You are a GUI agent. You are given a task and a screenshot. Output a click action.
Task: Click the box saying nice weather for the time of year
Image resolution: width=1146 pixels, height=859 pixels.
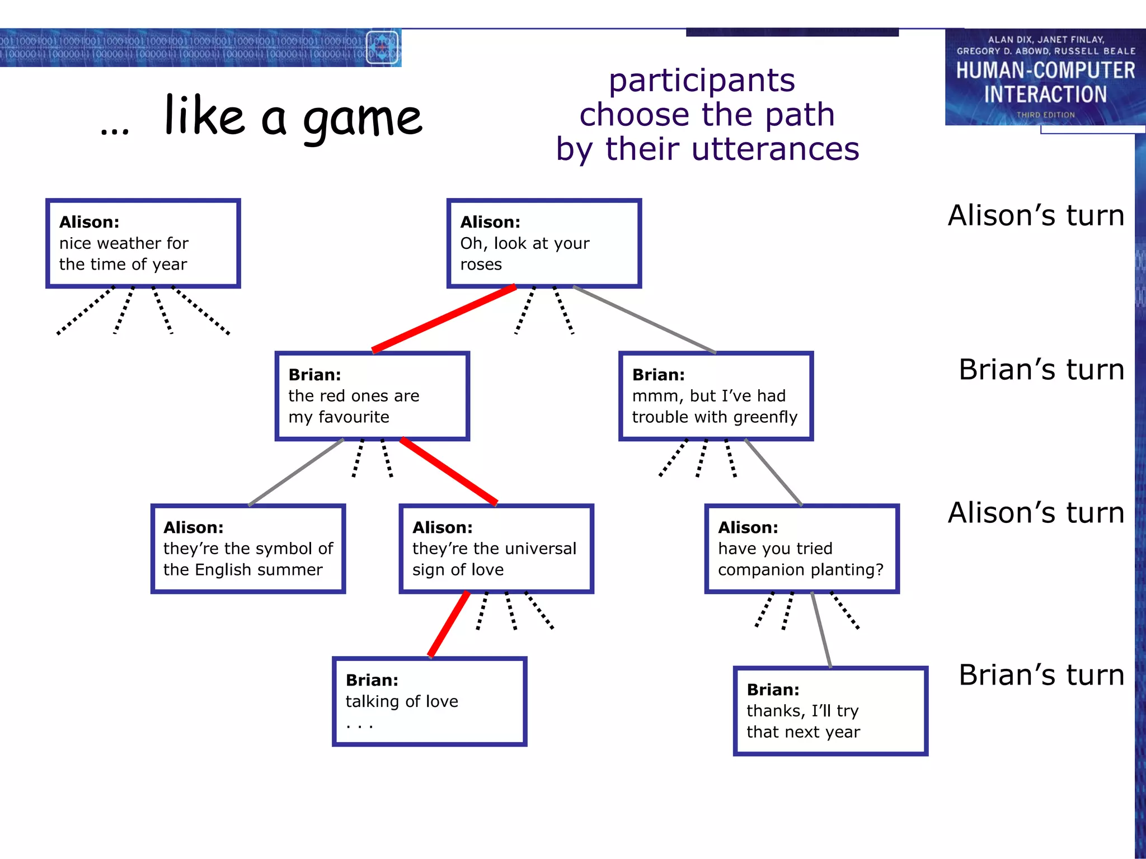pyautogui.click(x=143, y=243)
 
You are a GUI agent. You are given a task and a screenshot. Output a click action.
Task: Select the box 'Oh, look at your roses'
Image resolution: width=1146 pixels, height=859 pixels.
pyautogui.click(x=543, y=243)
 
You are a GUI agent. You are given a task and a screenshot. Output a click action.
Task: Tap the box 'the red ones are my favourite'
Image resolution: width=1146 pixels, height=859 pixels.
pyautogui.click(x=372, y=396)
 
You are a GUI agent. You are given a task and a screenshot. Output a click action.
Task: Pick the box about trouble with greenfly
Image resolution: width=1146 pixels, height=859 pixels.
pyautogui.click(x=715, y=396)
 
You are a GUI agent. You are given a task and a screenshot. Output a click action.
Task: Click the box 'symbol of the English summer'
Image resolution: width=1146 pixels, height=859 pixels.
pyautogui.click(x=248, y=549)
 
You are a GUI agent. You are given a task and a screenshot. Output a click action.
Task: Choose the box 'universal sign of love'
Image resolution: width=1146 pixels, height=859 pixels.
pyautogui.click(x=496, y=549)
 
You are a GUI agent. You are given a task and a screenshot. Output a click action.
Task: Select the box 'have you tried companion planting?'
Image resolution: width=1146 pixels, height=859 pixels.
pyautogui.click(x=801, y=549)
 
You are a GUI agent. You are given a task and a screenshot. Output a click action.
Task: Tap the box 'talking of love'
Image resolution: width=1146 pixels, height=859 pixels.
pyautogui.click(x=429, y=701)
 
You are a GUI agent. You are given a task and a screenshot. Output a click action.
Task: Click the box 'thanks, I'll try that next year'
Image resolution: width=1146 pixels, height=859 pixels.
pyautogui.click(x=830, y=711)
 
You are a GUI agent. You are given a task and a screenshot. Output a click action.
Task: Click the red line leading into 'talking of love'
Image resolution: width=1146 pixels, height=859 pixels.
pyautogui.click(x=449, y=624)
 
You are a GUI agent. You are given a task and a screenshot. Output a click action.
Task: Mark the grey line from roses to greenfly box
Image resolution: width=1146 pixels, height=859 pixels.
pyautogui.click(x=644, y=319)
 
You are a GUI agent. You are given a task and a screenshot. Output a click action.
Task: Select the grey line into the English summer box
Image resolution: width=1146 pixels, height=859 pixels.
pyautogui.click(x=295, y=473)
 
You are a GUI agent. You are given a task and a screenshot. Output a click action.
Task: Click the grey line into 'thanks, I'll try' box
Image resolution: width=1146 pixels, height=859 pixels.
pyautogui.click(x=821, y=630)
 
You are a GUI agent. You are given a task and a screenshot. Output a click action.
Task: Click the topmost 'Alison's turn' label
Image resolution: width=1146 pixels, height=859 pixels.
pyautogui.click(x=1036, y=216)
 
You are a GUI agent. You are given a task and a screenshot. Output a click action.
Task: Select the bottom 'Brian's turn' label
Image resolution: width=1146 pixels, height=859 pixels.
pyautogui.click(x=1041, y=675)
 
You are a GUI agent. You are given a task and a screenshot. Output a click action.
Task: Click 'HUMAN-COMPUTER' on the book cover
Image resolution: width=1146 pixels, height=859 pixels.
pyautogui.click(x=1045, y=70)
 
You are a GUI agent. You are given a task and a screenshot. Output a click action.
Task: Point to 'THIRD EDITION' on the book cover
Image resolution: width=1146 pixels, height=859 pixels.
pyautogui.click(x=1045, y=115)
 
